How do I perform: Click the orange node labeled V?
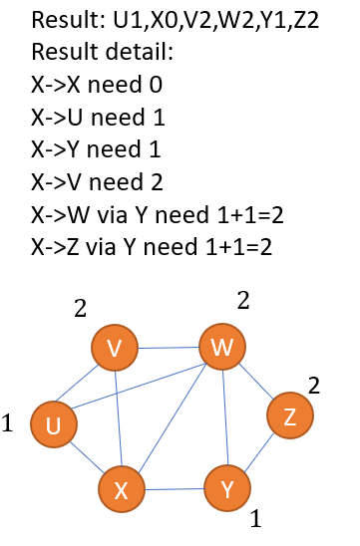click(x=114, y=348)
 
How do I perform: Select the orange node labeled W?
click(x=221, y=347)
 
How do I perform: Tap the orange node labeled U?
click(x=53, y=425)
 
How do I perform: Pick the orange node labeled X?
click(x=121, y=488)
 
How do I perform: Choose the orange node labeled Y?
click(x=227, y=488)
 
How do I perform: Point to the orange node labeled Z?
click(x=289, y=415)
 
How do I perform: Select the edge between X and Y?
click(x=175, y=488)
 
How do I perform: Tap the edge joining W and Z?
click(x=256, y=383)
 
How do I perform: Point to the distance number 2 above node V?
click(x=81, y=309)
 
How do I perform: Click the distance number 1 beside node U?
click(x=8, y=424)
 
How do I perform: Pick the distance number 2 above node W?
click(x=242, y=300)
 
